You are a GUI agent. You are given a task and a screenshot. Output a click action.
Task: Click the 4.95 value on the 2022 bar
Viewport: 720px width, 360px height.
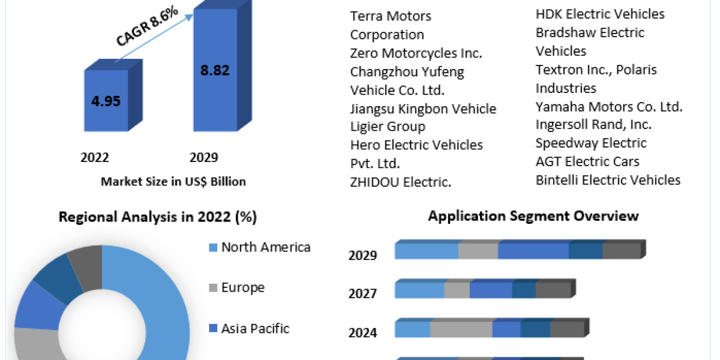click(106, 100)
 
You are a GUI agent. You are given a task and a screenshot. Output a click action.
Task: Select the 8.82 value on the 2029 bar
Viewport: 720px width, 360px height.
click(215, 70)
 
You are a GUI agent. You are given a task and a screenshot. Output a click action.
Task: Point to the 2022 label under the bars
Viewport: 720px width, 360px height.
click(95, 158)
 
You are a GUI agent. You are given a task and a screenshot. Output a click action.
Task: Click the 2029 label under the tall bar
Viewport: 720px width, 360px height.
click(204, 158)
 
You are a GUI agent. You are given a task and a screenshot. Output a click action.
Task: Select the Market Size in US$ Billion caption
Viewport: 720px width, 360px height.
click(173, 182)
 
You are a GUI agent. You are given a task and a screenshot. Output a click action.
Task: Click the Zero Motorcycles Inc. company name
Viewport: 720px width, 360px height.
click(416, 53)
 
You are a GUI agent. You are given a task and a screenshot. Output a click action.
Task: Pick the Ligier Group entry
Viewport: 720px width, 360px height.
click(388, 127)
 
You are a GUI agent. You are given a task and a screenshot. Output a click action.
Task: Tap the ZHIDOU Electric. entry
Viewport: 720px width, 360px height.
click(401, 182)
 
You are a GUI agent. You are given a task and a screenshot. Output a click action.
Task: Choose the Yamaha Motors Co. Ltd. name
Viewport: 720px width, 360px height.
click(609, 107)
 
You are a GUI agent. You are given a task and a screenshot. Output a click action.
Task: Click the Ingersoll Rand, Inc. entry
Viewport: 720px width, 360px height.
click(593, 125)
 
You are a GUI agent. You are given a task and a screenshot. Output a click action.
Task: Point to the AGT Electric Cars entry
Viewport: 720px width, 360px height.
click(587, 161)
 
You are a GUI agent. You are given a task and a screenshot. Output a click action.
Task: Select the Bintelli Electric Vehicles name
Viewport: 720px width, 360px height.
click(608, 180)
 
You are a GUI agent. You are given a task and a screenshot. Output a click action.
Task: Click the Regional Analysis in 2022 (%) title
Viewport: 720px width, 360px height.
click(158, 217)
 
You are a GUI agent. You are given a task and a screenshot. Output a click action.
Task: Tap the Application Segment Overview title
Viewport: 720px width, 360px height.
click(533, 216)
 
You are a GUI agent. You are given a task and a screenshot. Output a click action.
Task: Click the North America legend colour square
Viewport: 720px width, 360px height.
click(213, 247)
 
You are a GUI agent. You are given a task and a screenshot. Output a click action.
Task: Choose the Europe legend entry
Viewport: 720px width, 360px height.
click(243, 287)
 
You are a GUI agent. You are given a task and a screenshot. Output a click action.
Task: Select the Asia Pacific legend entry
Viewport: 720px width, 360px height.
click(255, 328)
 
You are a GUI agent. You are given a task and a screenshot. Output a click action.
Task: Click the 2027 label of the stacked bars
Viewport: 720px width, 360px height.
click(363, 293)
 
